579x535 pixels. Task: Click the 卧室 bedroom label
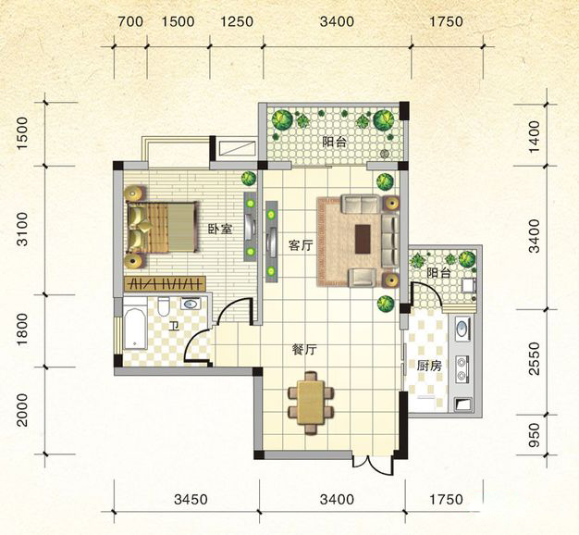(220, 230)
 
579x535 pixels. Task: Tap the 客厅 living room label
(301, 245)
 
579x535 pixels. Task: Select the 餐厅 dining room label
(304, 350)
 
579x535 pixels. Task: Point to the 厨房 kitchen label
(429, 366)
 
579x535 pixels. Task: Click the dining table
(311, 403)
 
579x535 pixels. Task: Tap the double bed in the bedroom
(161, 227)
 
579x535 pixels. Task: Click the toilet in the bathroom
(163, 306)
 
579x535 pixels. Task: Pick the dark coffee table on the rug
(363, 239)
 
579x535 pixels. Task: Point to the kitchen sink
(462, 328)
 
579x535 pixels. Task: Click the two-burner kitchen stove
(462, 370)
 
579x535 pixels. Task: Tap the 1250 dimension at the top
(237, 21)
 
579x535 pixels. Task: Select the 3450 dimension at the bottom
(191, 500)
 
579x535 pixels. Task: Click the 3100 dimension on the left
(22, 229)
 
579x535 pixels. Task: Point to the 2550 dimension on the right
(534, 358)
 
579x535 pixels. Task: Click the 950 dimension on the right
(534, 435)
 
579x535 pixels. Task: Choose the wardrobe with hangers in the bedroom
(165, 283)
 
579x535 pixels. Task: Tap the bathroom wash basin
(191, 305)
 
